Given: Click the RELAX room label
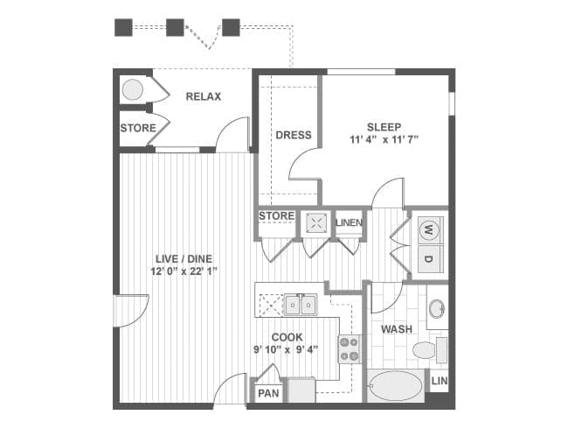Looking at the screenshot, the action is tap(204, 96).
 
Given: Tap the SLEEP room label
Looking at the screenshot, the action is tap(384, 127).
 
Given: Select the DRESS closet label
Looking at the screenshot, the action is tap(294, 135).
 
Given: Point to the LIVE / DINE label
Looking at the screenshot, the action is tap(184, 259).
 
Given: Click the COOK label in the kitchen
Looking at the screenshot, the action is tap(287, 337).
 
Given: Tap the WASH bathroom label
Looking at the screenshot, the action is tap(397, 329).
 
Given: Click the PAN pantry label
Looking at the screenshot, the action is tap(268, 393).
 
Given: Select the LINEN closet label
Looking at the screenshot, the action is tap(349, 222).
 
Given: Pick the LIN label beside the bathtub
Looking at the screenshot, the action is tap(440, 381).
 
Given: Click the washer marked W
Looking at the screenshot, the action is tap(430, 229).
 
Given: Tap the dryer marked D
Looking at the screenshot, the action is tap(430, 259).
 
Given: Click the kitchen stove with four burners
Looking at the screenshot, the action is tap(350, 349).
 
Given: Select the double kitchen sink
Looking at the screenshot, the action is tap(301, 305).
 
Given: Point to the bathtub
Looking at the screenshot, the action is tap(395, 386).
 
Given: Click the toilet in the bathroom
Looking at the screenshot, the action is tap(430, 350).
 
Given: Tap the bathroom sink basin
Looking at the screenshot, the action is tap(437, 308).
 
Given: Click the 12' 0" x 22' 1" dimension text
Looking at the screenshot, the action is tap(184, 271).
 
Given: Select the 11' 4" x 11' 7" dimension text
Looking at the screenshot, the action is tap(384, 139).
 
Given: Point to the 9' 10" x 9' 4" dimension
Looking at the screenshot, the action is tap(286, 349).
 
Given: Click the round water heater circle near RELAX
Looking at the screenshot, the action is tap(132, 89).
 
